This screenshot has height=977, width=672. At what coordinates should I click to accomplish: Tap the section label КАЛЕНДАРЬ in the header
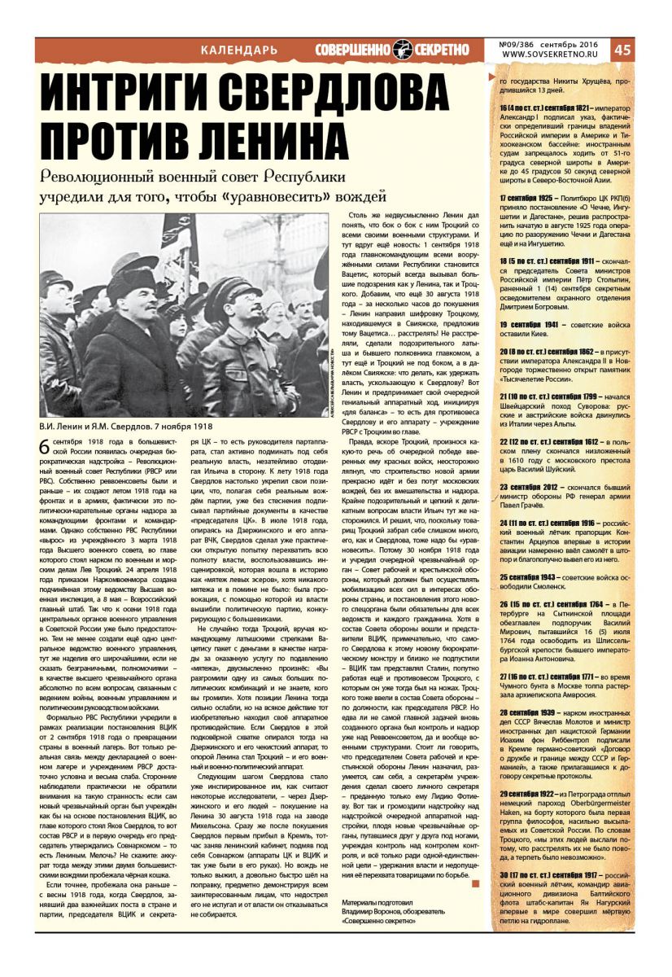coord(238,50)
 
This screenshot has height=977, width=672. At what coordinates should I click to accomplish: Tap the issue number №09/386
coord(521,44)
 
